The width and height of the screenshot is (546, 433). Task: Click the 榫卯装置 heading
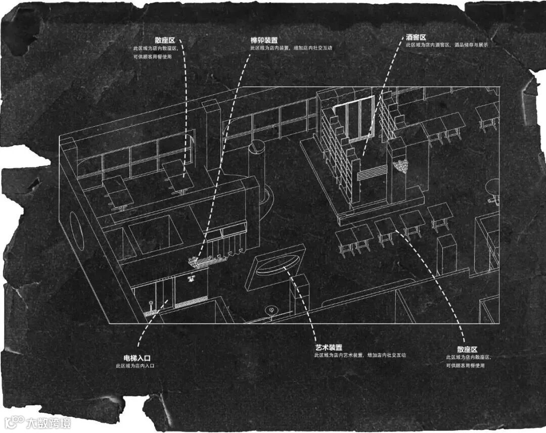pyautogui.click(x=264, y=40)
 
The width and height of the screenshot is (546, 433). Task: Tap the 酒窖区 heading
pyautogui.click(x=416, y=38)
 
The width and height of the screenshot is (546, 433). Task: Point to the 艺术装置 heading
pyautogui.click(x=328, y=348)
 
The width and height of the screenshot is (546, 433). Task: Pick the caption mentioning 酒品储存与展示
pyautogui.click(x=446, y=45)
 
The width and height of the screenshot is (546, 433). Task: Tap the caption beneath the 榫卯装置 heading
pyautogui.click(x=291, y=47)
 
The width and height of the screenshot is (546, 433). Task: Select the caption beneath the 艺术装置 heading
pyautogui.click(x=359, y=355)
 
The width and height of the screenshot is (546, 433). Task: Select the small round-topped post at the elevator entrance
pyautogui.click(x=150, y=305)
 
